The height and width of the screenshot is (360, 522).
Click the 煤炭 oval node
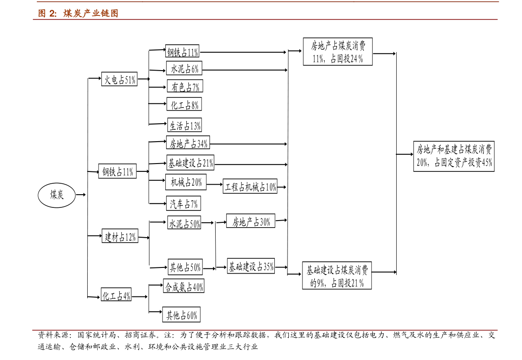point(57,195)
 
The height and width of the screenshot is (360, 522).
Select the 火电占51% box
point(119,79)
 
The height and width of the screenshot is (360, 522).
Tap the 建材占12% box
point(120,236)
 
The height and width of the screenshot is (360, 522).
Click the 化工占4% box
point(116,295)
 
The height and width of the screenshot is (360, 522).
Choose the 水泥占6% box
point(184,68)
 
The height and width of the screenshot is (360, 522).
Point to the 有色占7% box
point(185,86)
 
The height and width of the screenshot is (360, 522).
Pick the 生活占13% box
point(185,125)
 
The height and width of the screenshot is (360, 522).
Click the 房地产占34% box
point(188,143)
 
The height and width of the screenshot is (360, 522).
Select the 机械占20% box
point(186,182)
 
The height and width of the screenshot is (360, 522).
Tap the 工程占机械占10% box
point(250,187)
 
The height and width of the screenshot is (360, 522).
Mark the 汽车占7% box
point(184,203)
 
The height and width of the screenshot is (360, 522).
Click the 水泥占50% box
point(185,223)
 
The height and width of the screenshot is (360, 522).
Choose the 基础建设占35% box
point(251,266)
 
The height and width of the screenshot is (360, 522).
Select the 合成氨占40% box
point(184,286)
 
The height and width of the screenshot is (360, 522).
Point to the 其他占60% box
point(181,315)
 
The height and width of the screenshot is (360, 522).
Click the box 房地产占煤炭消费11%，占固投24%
point(337,52)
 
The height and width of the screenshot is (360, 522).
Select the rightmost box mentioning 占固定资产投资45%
point(454,156)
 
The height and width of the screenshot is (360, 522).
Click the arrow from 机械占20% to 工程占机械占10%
point(214,184)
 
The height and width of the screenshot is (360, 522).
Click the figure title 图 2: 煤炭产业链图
point(78,13)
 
